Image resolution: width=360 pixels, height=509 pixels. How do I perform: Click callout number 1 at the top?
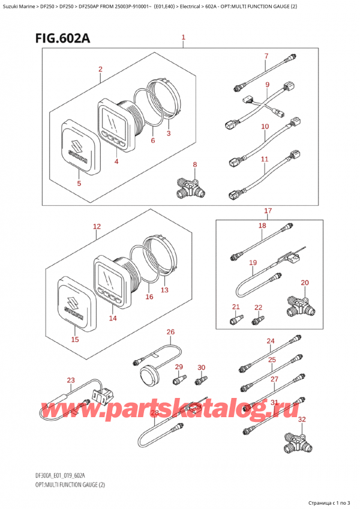pos(183,38)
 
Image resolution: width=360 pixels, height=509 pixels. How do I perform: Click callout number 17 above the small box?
pos(268,211)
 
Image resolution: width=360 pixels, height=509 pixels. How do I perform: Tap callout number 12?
pos(97,227)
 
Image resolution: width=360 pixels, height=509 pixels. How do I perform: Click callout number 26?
pos(170,332)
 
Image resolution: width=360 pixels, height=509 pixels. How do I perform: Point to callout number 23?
pos(71,379)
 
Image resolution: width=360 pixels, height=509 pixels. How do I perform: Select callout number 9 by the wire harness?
pos(267,85)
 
